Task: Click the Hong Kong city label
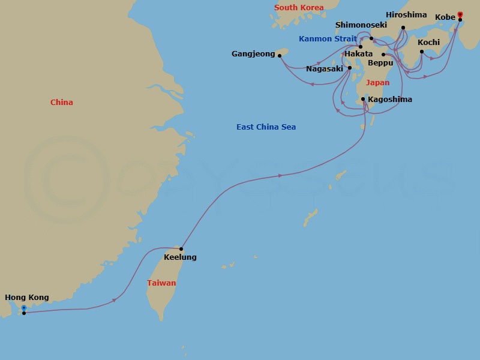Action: point(27,298)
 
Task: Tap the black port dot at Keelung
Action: point(181,249)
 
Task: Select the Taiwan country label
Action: point(162,283)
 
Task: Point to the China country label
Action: point(62,103)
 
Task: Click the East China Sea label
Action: point(266,127)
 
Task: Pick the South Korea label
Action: point(299,8)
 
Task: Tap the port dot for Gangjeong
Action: point(280,56)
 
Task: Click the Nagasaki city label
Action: point(325,69)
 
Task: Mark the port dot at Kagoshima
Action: point(363,100)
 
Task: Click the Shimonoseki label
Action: point(361,25)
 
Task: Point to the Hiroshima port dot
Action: point(403,28)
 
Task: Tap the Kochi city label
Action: point(428,43)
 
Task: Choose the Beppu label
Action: point(380,62)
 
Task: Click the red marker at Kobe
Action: point(460,14)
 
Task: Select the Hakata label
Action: point(358,54)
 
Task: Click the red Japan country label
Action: point(377,83)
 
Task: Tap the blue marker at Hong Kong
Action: point(23,308)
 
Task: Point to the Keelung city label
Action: point(180,257)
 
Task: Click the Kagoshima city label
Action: point(390,100)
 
